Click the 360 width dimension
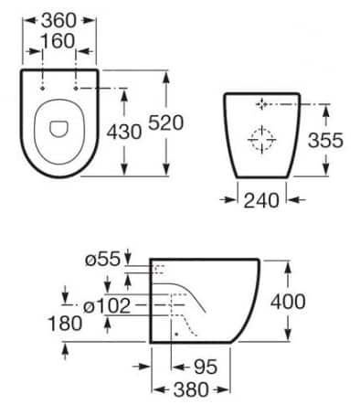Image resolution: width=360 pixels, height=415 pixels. (x=58, y=20)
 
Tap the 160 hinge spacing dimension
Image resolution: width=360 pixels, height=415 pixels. (x=58, y=41)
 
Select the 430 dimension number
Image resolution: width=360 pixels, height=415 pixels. (x=124, y=132)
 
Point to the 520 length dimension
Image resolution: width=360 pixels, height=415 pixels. (x=165, y=122)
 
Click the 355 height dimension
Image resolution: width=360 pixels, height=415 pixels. (x=325, y=140)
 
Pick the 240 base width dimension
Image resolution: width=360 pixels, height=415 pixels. (x=261, y=200)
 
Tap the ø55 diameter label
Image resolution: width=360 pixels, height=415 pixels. (x=102, y=260)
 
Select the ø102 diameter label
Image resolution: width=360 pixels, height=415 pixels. (x=107, y=305)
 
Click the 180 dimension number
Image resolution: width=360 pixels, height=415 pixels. (x=65, y=323)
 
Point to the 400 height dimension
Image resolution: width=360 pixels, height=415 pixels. (x=288, y=302)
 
